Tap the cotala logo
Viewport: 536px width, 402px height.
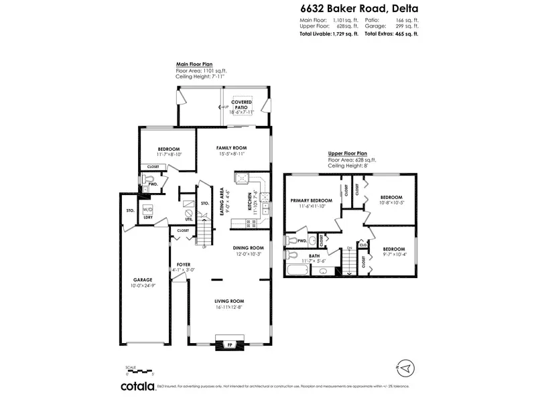click(x=137, y=386)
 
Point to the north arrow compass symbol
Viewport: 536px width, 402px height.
click(x=407, y=368)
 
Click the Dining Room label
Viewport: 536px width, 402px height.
click(x=247, y=250)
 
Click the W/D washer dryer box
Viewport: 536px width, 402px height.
click(x=147, y=209)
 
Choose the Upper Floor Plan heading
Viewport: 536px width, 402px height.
click(x=347, y=155)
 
